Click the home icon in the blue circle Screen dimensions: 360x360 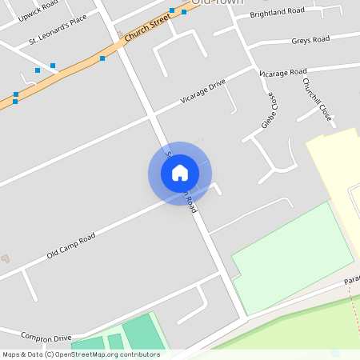click(x=180, y=173)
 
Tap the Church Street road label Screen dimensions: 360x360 click(x=148, y=29)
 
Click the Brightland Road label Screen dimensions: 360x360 click(x=277, y=13)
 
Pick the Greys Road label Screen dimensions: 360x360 click(x=310, y=39)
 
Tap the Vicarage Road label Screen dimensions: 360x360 click(x=282, y=72)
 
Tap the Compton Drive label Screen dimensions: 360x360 click(x=46, y=338)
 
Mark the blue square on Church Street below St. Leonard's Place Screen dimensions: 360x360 click(x=102, y=58)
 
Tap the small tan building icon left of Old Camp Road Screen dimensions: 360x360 click(x=6, y=258)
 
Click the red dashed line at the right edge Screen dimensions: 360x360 click(x=353, y=304)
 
